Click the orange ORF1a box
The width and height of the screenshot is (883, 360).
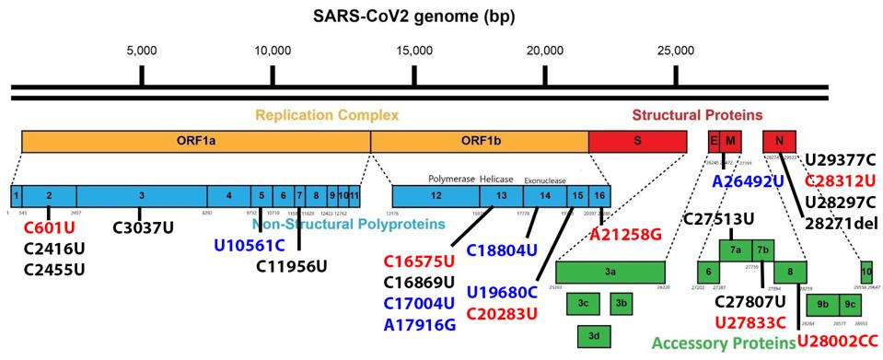[195, 141]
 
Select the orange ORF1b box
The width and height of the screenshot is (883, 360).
[479, 141]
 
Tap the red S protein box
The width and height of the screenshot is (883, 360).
[637, 141]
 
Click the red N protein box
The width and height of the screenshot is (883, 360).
[779, 141]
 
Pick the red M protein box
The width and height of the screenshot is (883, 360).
[730, 141]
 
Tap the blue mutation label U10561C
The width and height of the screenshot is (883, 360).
[250, 245]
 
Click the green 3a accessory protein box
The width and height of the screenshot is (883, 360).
[610, 273]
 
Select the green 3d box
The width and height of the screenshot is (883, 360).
[594, 336]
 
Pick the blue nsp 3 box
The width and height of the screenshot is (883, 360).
[141, 196]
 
